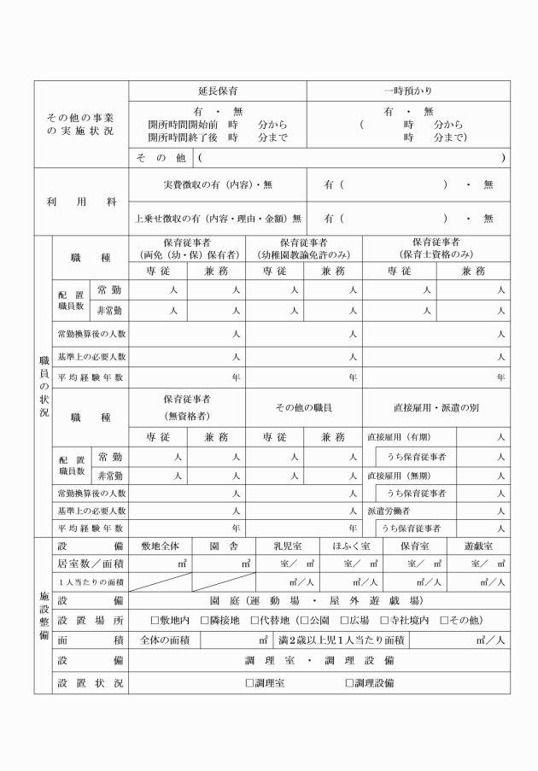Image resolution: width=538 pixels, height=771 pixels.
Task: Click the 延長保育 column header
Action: pos(217,90)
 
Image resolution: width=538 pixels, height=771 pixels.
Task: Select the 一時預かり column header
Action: pos(408,90)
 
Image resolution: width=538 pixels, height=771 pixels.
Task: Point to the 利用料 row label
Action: pos(80,201)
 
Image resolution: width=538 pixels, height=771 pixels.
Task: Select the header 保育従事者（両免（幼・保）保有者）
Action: pos(187,248)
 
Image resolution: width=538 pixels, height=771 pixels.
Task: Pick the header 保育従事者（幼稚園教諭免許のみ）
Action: pos(304,248)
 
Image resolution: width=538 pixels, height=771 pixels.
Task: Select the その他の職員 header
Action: pos(303,407)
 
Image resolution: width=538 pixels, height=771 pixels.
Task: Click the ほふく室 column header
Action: pos(351,546)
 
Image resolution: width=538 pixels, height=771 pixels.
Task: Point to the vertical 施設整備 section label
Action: pos(43,615)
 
